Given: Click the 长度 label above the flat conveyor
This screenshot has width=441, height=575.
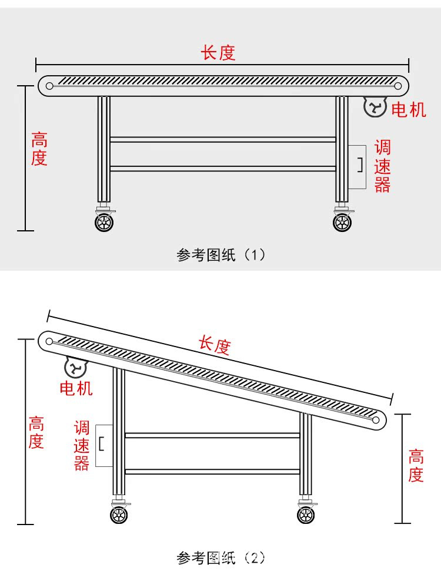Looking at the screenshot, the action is [218, 53].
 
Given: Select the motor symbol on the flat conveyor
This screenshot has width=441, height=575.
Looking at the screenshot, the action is [375, 107].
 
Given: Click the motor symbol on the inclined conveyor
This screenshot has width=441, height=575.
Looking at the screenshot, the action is [75, 368].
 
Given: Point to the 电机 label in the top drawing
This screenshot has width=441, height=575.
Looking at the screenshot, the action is [408, 109].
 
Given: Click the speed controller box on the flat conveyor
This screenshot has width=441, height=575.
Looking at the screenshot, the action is [357, 167].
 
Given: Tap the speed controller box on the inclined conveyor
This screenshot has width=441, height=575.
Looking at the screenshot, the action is [103, 445].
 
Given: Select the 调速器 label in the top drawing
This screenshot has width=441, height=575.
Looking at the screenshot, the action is [382, 166].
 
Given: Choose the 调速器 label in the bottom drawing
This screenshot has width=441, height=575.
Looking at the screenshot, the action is [81, 445].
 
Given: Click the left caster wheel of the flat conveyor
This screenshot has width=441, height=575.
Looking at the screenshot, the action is [105, 222].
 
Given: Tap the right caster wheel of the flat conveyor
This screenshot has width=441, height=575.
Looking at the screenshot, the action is [342, 222].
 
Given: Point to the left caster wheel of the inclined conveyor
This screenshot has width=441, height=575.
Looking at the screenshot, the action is [119, 515].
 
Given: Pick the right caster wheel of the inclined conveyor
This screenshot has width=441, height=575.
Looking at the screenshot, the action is [306, 515].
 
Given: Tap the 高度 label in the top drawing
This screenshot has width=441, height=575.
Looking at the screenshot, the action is [39, 149].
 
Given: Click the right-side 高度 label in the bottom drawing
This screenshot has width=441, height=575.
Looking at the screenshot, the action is [416, 465].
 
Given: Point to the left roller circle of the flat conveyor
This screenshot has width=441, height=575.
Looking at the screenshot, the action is [49, 86].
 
